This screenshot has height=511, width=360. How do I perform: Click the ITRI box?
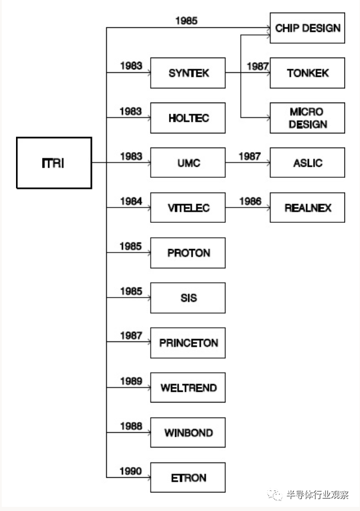[x=54, y=163]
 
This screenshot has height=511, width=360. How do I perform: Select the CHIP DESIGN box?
[x=307, y=28]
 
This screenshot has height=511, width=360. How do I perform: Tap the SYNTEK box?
[x=188, y=73]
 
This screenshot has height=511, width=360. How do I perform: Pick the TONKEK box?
[x=307, y=73]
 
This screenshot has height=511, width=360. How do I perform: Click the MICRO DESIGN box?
[x=307, y=118]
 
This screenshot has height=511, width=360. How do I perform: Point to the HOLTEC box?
[x=188, y=118]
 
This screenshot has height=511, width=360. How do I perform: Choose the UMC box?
[x=188, y=162]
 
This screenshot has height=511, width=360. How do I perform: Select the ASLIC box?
[x=307, y=162]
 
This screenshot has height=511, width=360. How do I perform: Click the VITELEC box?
[x=188, y=207]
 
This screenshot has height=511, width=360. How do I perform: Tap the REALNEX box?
[x=307, y=207]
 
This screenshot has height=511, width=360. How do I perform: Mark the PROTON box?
[x=188, y=253]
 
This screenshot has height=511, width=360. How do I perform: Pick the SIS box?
[x=188, y=298]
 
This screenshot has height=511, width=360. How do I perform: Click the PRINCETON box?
[x=188, y=343]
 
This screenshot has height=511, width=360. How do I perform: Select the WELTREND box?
[x=188, y=388]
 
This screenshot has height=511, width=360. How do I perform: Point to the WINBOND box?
[x=188, y=433]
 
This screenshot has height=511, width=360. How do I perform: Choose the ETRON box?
[x=188, y=477]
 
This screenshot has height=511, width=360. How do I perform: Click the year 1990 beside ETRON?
[x=130, y=471]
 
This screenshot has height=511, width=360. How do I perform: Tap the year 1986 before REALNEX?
[x=250, y=202]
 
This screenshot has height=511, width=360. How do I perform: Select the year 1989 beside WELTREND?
[x=131, y=381]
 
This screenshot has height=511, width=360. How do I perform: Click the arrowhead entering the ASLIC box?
[x=269, y=162]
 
